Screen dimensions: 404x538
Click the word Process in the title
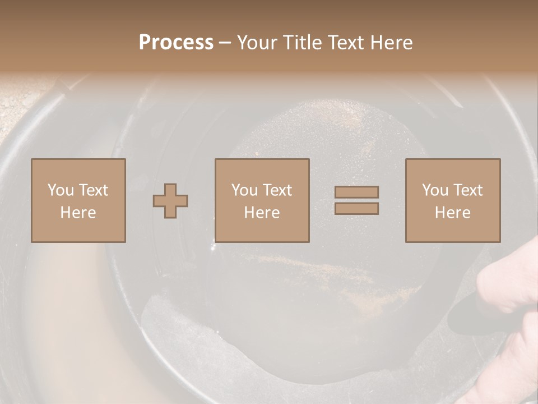(x=176, y=43)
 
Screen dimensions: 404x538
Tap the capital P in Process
(x=145, y=43)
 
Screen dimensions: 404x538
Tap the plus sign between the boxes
(x=170, y=201)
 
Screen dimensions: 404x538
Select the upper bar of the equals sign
(x=356, y=192)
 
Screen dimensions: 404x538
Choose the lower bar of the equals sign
(x=356, y=209)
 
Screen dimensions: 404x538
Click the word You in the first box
(x=61, y=190)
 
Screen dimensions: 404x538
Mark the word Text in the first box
(x=94, y=190)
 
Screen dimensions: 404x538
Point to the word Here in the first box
(x=78, y=213)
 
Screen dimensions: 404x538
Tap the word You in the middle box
(x=244, y=190)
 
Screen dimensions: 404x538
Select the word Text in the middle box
(x=277, y=190)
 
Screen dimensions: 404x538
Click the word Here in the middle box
(x=262, y=213)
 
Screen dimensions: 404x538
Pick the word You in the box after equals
(x=435, y=190)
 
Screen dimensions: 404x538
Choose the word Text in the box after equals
(x=468, y=190)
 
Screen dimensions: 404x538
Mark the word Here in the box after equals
(x=452, y=213)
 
